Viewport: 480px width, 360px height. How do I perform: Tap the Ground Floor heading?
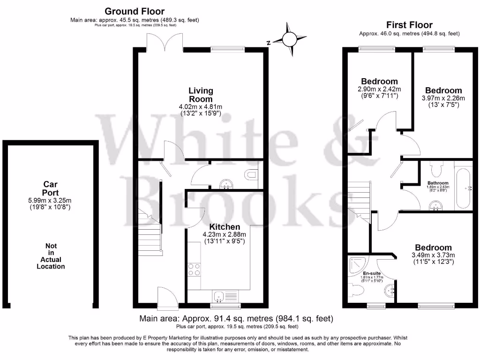point(134,11)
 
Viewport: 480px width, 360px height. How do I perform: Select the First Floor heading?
point(409,25)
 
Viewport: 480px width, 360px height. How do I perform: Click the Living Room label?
point(201,95)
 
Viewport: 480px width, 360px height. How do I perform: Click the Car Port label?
point(50,188)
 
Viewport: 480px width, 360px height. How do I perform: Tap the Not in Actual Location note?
point(51,256)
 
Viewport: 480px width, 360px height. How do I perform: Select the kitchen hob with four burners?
point(194,270)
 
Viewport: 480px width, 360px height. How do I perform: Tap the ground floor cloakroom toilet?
point(252,175)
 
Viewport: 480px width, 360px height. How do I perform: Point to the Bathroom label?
point(438,183)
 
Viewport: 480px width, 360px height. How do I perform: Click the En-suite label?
point(372,273)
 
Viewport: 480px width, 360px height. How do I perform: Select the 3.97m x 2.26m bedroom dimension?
point(443,98)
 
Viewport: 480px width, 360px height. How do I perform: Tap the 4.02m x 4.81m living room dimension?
point(201,107)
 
